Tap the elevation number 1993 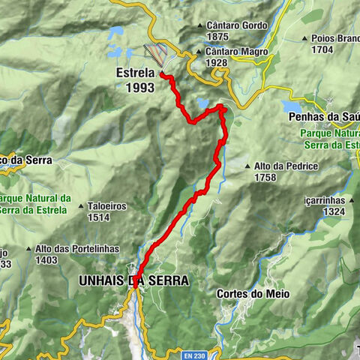click(140, 88)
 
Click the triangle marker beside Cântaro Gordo click(199, 25)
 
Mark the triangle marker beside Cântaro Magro click(199, 52)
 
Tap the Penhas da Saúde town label click(323, 117)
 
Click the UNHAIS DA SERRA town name click(133, 280)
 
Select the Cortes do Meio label click(251, 294)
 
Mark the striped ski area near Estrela click(157, 52)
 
